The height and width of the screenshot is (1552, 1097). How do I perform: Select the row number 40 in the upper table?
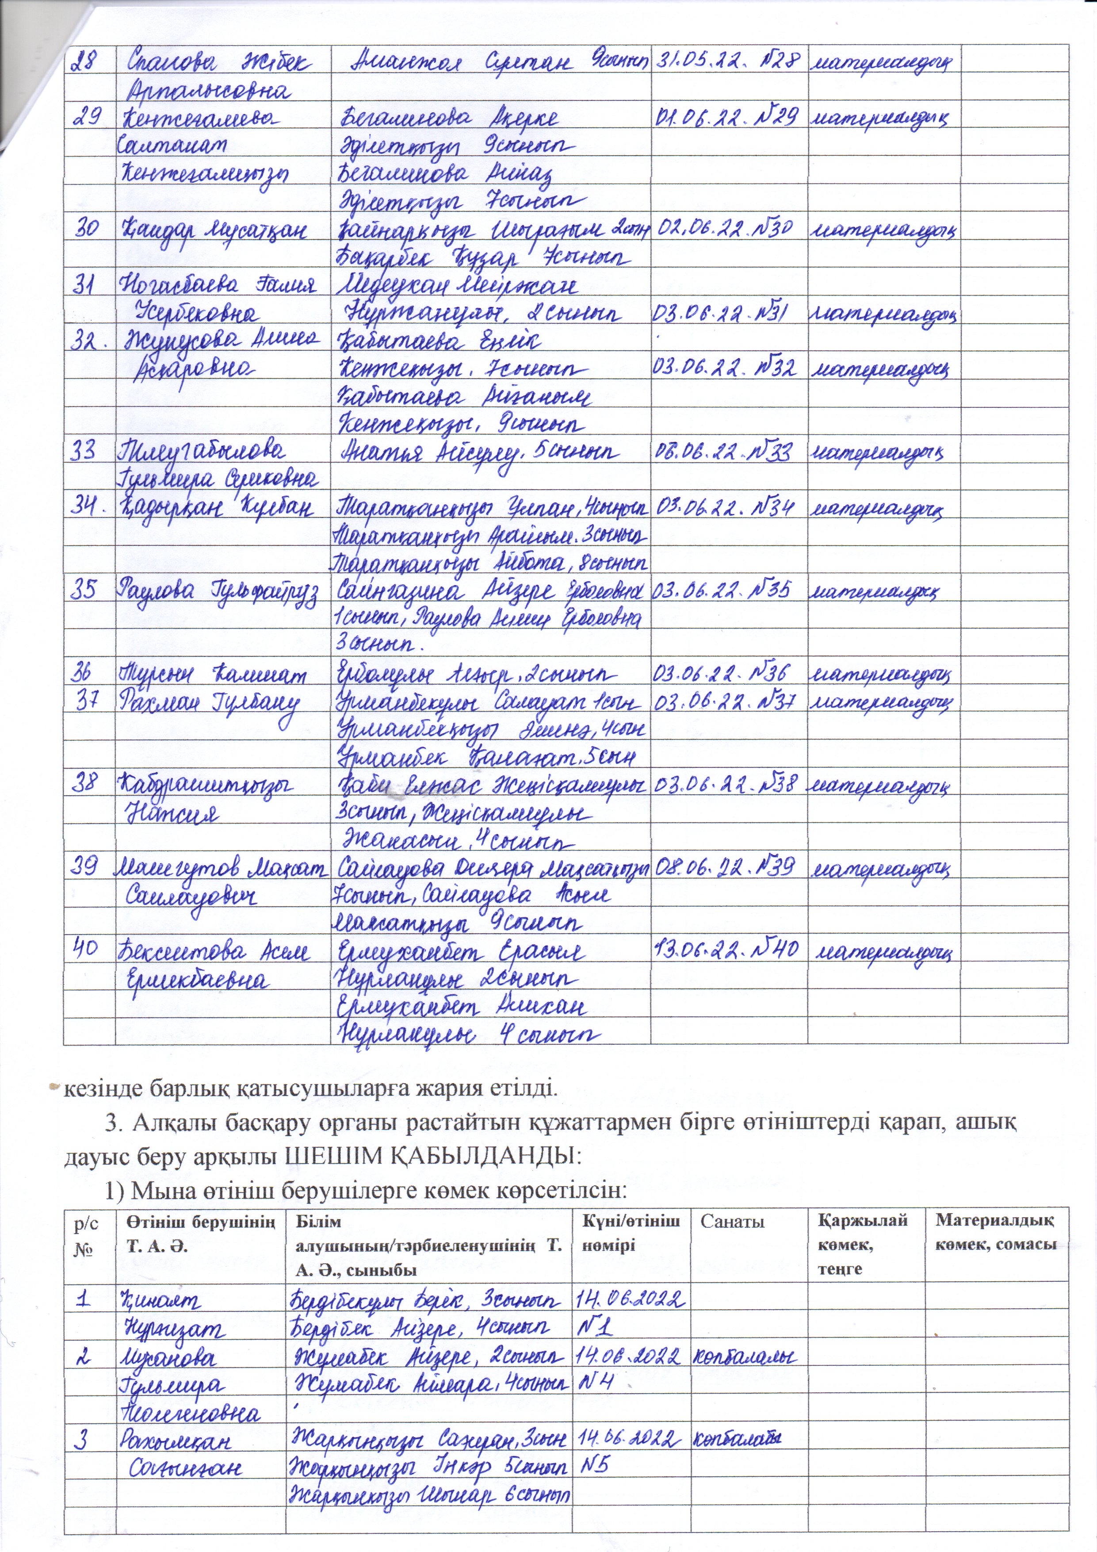(87, 950)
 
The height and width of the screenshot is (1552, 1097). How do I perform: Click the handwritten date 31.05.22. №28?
(727, 61)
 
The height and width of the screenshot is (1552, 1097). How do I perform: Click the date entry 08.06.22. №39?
(727, 866)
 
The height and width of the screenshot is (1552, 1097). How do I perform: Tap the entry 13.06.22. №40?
(727, 950)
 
